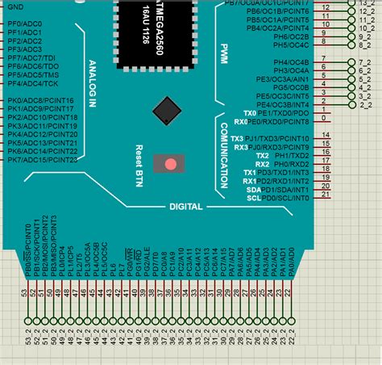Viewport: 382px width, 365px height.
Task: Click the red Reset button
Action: pyautogui.click(x=170, y=164)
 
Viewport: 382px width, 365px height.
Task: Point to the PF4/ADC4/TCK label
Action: pyautogui.click(x=34, y=83)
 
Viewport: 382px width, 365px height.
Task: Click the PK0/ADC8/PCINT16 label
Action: pyautogui.click(x=40, y=101)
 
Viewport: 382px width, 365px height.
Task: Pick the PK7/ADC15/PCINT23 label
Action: pyautogui.click(x=42, y=160)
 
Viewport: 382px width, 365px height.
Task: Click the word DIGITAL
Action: pyautogui.click(x=185, y=207)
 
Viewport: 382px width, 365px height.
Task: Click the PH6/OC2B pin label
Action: pyautogui.click(x=291, y=37)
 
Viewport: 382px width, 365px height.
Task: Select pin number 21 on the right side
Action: pyautogui.click(x=326, y=195)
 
